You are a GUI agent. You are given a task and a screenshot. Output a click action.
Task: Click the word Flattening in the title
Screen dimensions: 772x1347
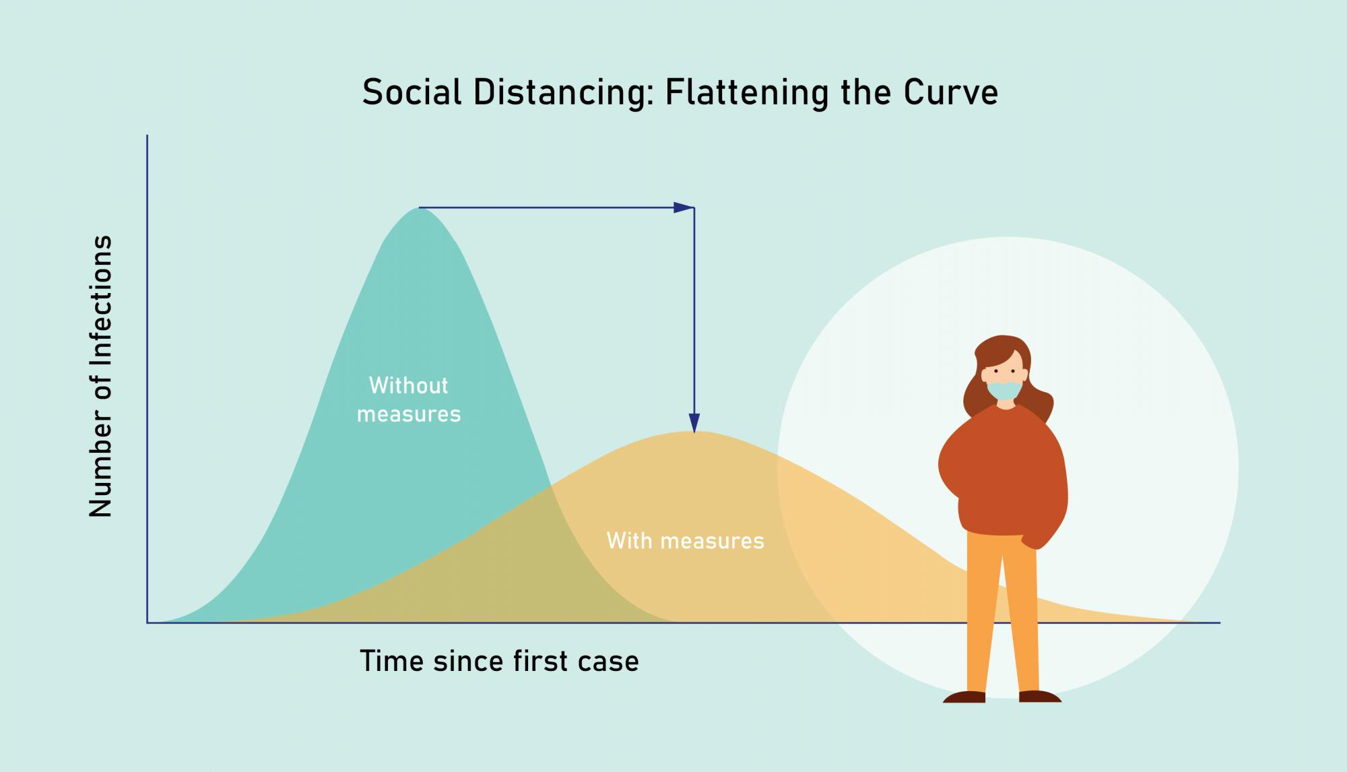tap(746, 92)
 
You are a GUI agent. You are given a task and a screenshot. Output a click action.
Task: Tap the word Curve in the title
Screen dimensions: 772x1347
tap(951, 92)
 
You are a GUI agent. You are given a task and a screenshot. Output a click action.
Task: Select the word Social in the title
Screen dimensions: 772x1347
tap(412, 92)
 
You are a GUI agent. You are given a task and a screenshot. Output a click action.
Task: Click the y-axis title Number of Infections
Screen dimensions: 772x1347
tap(101, 376)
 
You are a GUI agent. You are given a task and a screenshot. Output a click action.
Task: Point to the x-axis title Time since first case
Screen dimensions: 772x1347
tap(499, 661)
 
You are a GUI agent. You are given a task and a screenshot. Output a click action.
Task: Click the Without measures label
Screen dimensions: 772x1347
tap(409, 399)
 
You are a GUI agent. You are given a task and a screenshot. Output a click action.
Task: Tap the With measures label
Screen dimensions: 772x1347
tap(685, 541)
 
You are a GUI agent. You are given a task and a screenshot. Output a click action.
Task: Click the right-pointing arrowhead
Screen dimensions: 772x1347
tap(683, 207)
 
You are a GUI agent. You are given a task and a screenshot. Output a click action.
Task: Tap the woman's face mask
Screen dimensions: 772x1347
tap(1004, 391)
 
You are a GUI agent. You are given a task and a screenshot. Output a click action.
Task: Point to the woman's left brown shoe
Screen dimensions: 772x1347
tap(964, 697)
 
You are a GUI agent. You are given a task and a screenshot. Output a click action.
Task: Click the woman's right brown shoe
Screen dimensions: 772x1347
tap(1039, 697)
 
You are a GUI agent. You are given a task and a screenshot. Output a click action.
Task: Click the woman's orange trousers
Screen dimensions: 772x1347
tap(1001, 606)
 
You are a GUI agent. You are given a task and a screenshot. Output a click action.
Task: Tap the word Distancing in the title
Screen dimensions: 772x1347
tap(560, 92)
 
